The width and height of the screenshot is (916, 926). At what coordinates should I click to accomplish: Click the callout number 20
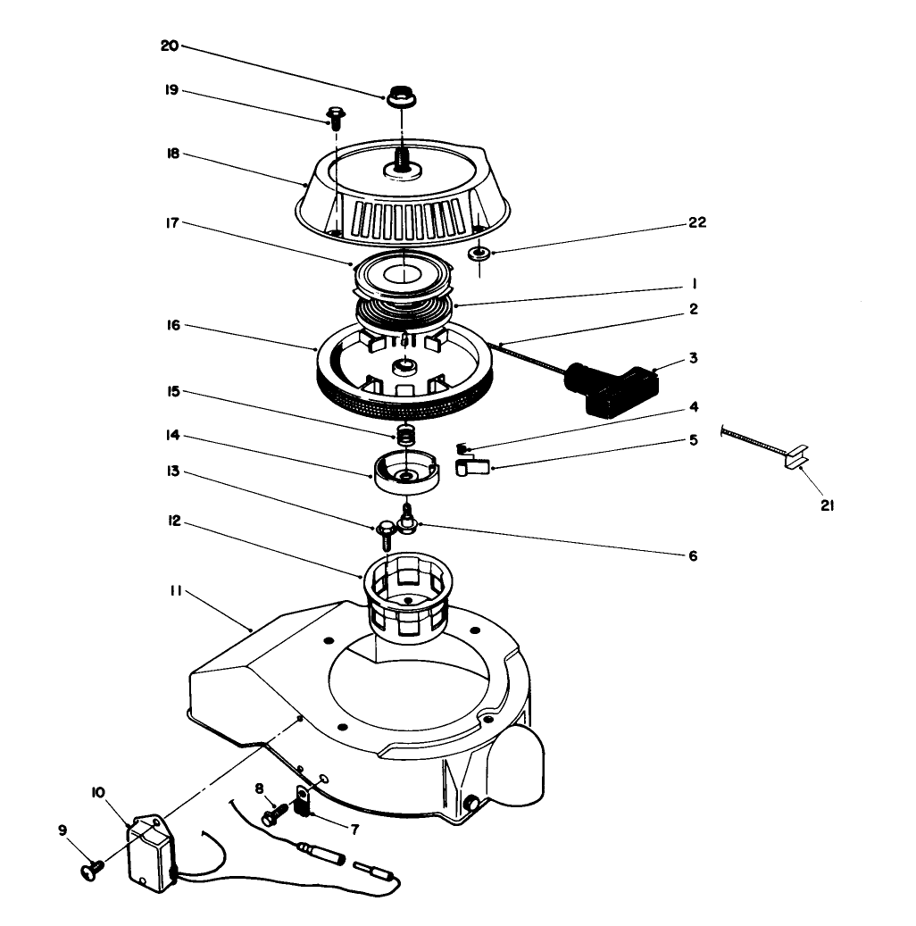tap(169, 46)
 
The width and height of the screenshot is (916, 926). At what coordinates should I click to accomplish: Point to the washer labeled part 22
tap(480, 254)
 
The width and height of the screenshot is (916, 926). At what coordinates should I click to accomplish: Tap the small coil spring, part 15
tap(407, 436)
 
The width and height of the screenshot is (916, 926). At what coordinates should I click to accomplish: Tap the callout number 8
tap(260, 788)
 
